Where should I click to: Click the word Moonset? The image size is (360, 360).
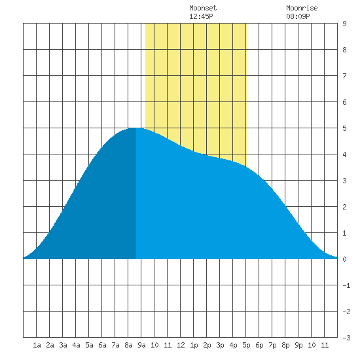[x=203, y=8]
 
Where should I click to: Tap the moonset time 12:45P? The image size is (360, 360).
[x=201, y=16]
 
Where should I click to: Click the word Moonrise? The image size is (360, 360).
[x=302, y=8]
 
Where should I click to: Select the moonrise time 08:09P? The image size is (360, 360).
[x=298, y=16]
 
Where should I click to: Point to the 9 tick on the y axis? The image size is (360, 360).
[x=344, y=24]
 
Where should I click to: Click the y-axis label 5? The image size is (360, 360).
[x=344, y=128]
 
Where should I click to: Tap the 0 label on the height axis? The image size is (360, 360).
[x=344, y=259]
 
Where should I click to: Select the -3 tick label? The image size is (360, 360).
[x=346, y=338]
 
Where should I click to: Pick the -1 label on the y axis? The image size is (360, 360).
[x=346, y=285]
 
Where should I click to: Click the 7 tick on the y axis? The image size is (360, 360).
[x=344, y=76]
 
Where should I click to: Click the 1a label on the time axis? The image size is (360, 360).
[x=37, y=345]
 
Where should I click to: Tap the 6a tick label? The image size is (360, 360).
[x=102, y=345]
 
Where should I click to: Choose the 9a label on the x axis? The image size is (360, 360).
[x=141, y=345]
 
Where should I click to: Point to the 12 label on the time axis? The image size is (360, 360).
[x=181, y=345]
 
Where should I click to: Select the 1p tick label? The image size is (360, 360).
[x=194, y=345]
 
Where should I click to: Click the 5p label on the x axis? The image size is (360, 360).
[x=246, y=345]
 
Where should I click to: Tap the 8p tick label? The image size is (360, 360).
[x=285, y=345]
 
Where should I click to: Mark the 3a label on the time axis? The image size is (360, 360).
[x=63, y=345]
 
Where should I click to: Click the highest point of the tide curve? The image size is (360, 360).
[x=136, y=128]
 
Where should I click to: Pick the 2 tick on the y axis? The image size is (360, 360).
[x=344, y=207]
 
